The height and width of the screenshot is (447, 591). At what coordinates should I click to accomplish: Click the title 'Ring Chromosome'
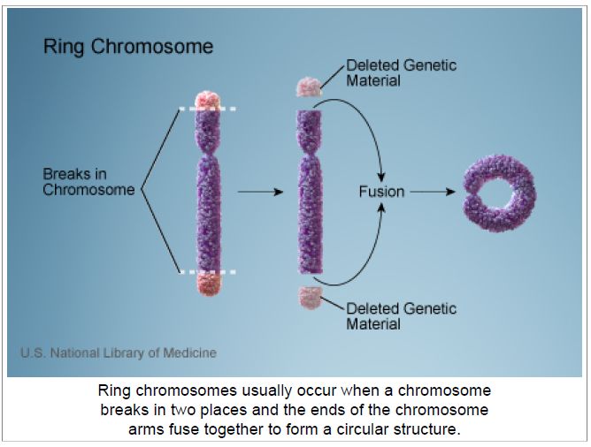pyautogui.click(x=128, y=48)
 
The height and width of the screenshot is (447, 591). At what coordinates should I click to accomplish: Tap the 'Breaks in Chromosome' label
pyautogui.click(x=88, y=182)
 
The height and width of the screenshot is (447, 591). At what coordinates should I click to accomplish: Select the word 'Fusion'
pyautogui.click(x=381, y=192)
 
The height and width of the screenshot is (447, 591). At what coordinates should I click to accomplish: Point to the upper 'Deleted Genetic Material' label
pyautogui.click(x=401, y=73)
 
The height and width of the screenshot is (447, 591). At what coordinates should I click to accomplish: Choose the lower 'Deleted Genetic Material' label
pyautogui.click(x=401, y=316)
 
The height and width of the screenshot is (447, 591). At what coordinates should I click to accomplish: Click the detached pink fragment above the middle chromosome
pyautogui.click(x=309, y=87)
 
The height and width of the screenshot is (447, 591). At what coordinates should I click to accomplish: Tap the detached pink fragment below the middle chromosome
pyautogui.click(x=311, y=298)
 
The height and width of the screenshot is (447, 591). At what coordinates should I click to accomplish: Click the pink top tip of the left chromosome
pyautogui.click(x=207, y=100)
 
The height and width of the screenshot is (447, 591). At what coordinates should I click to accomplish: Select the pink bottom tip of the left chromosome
pyautogui.click(x=209, y=284)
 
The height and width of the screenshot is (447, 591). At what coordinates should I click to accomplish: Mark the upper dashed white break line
pyautogui.click(x=207, y=110)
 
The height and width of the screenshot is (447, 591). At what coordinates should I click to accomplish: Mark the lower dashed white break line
pyautogui.click(x=207, y=272)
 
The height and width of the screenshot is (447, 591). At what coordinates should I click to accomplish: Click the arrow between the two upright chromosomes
pyautogui.click(x=260, y=192)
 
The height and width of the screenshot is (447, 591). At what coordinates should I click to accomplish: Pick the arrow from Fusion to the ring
pyautogui.click(x=433, y=192)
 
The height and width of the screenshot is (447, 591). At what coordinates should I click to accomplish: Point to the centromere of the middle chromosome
pyautogui.click(x=310, y=154)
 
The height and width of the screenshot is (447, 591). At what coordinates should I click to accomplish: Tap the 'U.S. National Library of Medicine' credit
pyautogui.click(x=119, y=353)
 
